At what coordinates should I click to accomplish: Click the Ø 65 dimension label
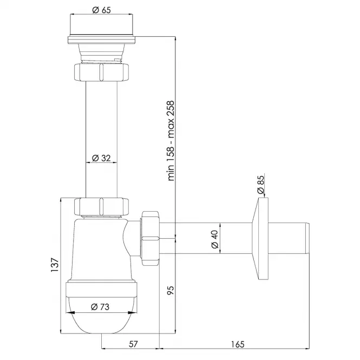(101, 10)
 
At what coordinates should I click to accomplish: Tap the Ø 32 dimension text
(101, 158)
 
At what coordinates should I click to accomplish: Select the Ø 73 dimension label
(100, 307)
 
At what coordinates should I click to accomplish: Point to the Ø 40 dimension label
(215, 239)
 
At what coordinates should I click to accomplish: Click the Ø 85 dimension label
(261, 185)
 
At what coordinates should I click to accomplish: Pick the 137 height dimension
(55, 265)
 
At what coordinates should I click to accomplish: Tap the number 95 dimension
(171, 290)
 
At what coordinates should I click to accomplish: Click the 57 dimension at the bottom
(133, 344)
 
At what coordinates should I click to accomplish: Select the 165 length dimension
(238, 344)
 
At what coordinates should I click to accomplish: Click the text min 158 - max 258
(171, 141)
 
